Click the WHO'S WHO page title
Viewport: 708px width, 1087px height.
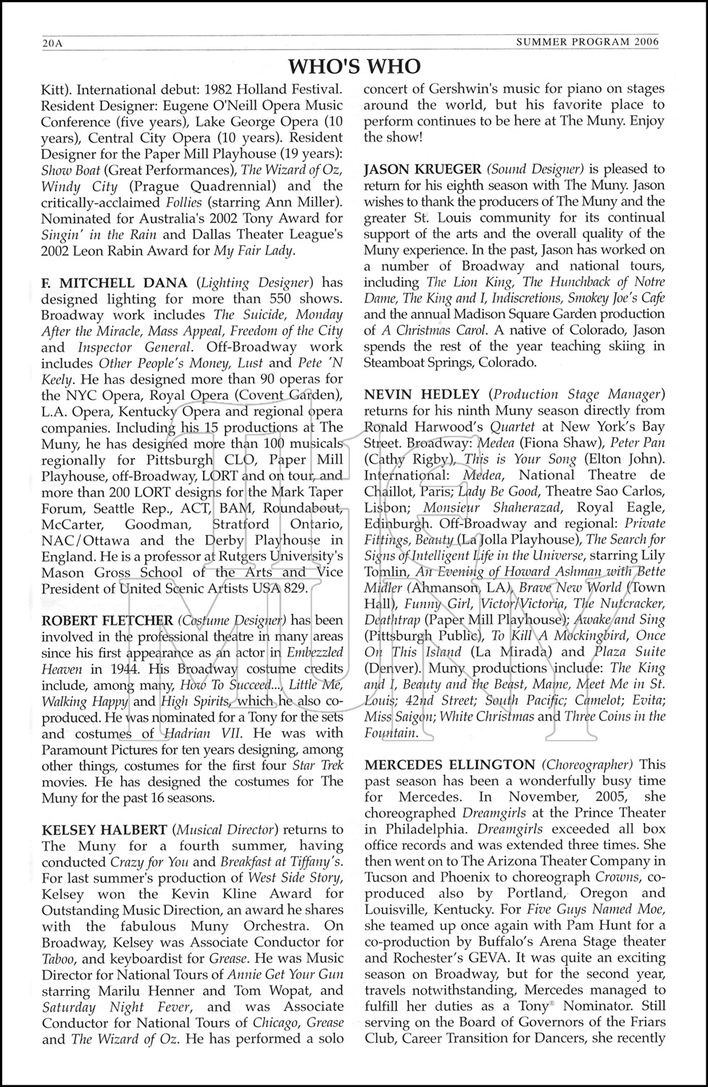point(354,67)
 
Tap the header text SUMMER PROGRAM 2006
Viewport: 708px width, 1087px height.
point(587,42)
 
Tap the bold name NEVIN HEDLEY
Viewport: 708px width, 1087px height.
point(421,394)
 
